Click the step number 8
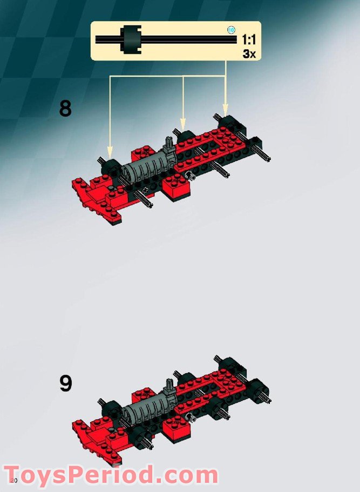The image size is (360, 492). pos(65,109)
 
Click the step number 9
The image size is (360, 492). pos(65,383)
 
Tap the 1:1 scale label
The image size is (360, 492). pos(248,39)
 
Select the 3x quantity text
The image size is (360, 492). pos(249,53)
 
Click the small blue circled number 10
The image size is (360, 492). pos(231,30)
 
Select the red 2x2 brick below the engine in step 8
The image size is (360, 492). pos(178,187)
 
